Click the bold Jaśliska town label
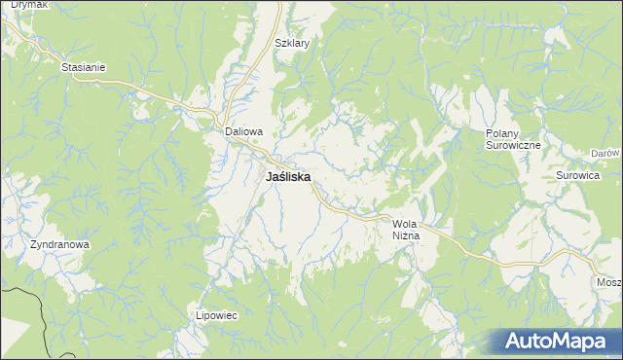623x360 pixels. [288, 178]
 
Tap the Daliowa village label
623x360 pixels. [244, 130]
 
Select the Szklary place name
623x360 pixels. [292, 44]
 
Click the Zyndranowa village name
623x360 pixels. [59, 245]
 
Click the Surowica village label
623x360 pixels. [575, 176]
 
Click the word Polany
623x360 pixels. [505, 132]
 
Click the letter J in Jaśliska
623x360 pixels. [269, 178]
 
